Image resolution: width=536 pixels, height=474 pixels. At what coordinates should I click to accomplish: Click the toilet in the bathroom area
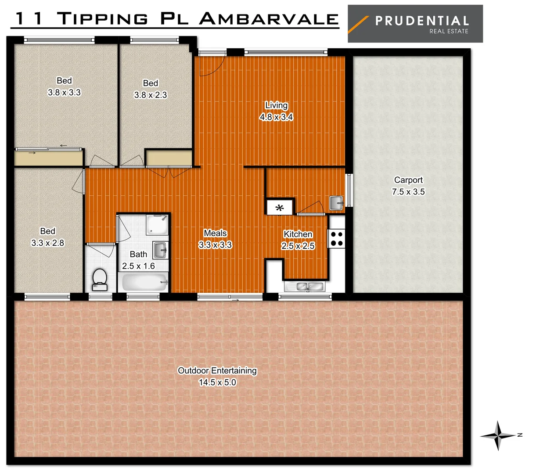tap(100, 279)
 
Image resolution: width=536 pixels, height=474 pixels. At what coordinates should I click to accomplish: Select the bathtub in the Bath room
tap(144, 282)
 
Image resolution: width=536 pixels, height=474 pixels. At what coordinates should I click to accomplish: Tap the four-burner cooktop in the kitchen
tap(337, 239)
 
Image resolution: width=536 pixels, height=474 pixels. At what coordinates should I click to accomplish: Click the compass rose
tap(498, 435)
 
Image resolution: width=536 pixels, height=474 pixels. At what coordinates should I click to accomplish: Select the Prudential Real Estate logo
tap(415, 24)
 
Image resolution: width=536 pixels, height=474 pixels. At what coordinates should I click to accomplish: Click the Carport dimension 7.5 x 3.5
tap(408, 192)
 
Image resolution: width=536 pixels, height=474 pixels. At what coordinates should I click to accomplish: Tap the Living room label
tap(276, 105)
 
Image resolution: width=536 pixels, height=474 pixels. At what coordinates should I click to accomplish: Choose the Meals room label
tap(215, 233)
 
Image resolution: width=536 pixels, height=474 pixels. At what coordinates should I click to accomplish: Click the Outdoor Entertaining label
tap(217, 370)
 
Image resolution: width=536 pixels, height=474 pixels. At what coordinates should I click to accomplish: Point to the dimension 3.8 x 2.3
tap(151, 95)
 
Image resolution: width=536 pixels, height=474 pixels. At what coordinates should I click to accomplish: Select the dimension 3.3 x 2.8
tap(47, 243)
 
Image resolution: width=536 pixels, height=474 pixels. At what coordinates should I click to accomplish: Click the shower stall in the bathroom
tap(157, 225)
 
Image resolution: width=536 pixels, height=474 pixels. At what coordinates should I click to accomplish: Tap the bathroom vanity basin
tap(160, 250)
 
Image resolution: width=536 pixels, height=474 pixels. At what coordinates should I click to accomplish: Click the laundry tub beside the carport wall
tap(337, 203)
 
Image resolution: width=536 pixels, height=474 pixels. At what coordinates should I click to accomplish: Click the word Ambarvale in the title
tap(269, 18)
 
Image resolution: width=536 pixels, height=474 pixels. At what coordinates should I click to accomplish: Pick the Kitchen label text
tap(298, 234)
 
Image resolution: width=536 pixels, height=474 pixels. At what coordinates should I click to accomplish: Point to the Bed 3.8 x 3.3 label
tap(64, 86)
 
